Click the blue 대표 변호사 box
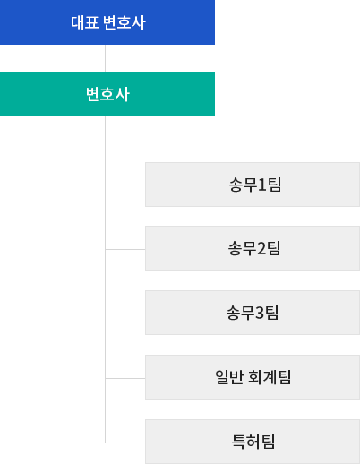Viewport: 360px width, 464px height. click(107, 22)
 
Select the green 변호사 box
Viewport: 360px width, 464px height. click(107, 94)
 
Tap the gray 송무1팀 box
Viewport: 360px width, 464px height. click(253, 185)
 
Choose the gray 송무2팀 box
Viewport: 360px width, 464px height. click(253, 248)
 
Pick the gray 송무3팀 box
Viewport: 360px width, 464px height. click(253, 313)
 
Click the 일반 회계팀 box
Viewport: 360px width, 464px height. click(253, 377)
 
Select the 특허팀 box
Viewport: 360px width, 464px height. click(253, 442)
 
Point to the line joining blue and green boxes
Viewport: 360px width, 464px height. click(105, 58)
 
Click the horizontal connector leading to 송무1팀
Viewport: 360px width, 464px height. click(125, 185)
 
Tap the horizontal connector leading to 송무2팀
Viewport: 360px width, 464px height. click(125, 249)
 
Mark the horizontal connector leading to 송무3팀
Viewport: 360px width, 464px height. click(125, 314)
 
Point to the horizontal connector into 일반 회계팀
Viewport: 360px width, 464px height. click(125, 378)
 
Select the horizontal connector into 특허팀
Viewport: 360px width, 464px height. click(125, 443)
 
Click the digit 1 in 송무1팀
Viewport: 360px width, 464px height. click(261, 185)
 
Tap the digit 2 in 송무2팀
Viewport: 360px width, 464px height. click(261, 248)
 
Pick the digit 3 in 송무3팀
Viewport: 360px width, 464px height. click(260, 313)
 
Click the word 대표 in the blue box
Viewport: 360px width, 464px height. click(85, 22)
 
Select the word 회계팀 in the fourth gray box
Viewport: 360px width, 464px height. click(270, 377)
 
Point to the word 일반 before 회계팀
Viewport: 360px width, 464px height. click(229, 377)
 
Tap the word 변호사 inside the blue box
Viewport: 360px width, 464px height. click(124, 22)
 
